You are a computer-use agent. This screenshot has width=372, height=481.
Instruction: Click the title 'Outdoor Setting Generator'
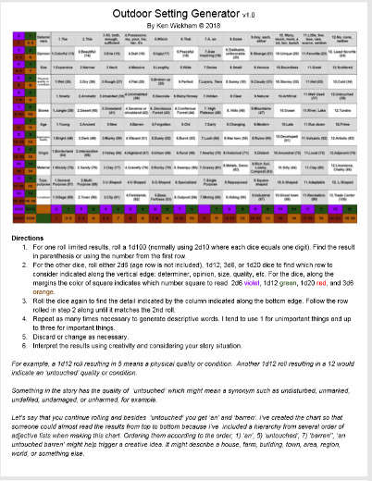coord(185,14)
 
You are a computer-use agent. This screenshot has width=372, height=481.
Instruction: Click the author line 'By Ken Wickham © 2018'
coord(185,26)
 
